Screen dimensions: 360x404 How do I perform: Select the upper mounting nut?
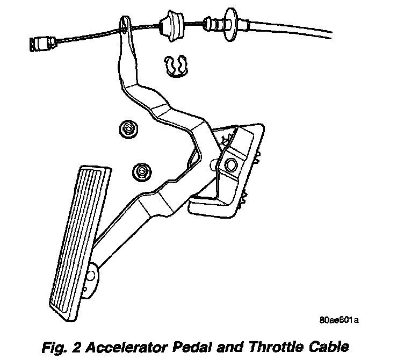tap(128, 129)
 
